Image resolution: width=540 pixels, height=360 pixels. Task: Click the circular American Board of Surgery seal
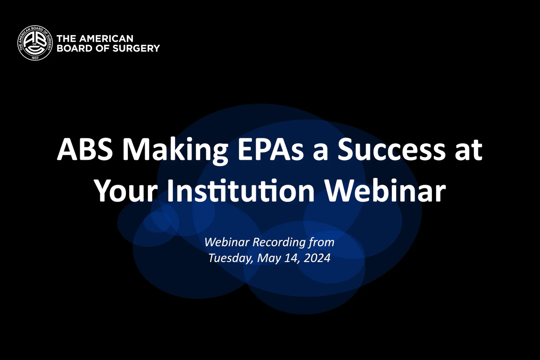click(x=35, y=43)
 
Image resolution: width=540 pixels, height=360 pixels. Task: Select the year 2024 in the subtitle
click(x=317, y=258)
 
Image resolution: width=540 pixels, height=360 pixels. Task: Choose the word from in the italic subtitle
click(x=321, y=242)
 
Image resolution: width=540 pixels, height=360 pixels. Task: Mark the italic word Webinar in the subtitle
click(x=227, y=242)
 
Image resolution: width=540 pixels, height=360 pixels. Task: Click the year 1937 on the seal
click(x=35, y=58)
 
